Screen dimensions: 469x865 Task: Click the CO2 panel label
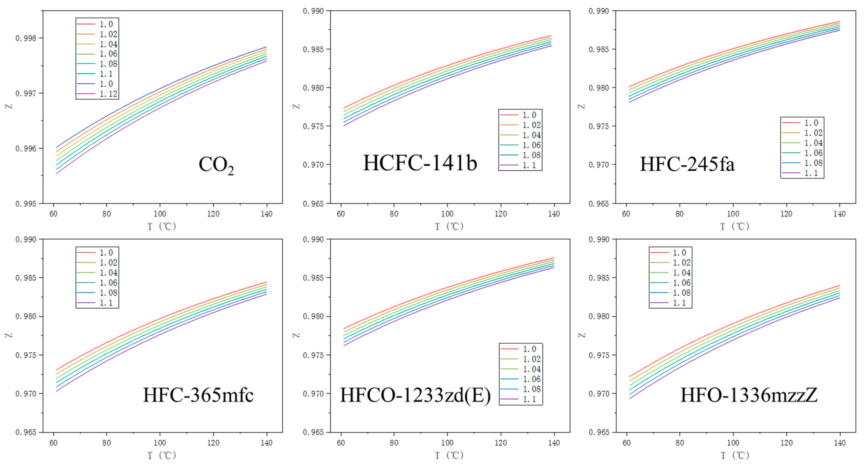(x=216, y=165)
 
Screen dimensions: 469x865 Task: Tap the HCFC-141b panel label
(x=420, y=163)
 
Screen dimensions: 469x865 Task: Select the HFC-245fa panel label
(x=687, y=164)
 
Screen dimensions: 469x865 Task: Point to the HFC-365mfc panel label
(x=198, y=395)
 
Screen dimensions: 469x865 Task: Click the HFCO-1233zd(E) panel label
(x=415, y=395)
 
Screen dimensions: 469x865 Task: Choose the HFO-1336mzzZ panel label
(x=749, y=395)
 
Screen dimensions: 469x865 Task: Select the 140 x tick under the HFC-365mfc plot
(x=267, y=443)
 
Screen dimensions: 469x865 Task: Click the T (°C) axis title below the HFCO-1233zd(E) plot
(x=449, y=455)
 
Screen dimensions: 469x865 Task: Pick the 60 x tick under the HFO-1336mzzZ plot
(x=626, y=443)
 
